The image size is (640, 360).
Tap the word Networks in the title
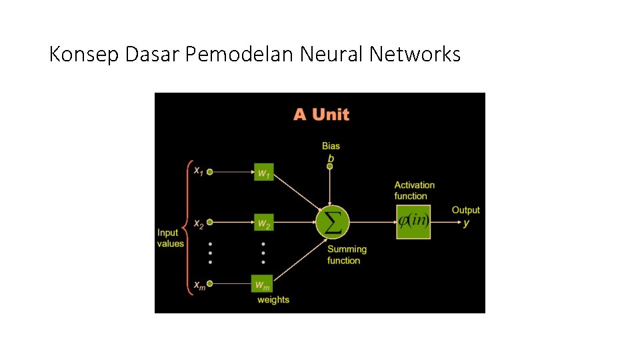pyautogui.click(x=415, y=54)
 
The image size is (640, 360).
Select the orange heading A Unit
pyautogui.click(x=321, y=114)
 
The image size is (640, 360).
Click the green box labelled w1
pyautogui.click(x=264, y=172)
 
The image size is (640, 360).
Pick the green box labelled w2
pyautogui.click(x=264, y=223)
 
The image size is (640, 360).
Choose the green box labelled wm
pyautogui.click(x=262, y=284)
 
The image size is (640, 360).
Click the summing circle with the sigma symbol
pyautogui.click(x=331, y=222)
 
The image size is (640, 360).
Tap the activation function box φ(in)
pyautogui.click(x=413, y=222)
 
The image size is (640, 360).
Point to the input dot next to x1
pyautogui.click(x=209, y=172)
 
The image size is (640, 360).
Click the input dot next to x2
pyautogui.click(x=209, y=223)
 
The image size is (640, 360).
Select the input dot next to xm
pyautogui.click(x=209, y=284)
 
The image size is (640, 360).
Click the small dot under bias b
pyautogui.click(x=330, y=167)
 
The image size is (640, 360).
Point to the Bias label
pyautogui.click(x=331, y=146)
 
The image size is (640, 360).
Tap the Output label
pyautogui.click(x=465, y=211)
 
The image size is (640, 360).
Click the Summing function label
pyautogui.click(x=347, y=255)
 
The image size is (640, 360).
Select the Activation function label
pyautogui.click(x=414, y=191)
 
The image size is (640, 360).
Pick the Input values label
pyautogui.click(x=170, y=238)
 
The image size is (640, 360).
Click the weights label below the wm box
pyautogui.click(x=273, y=300)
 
